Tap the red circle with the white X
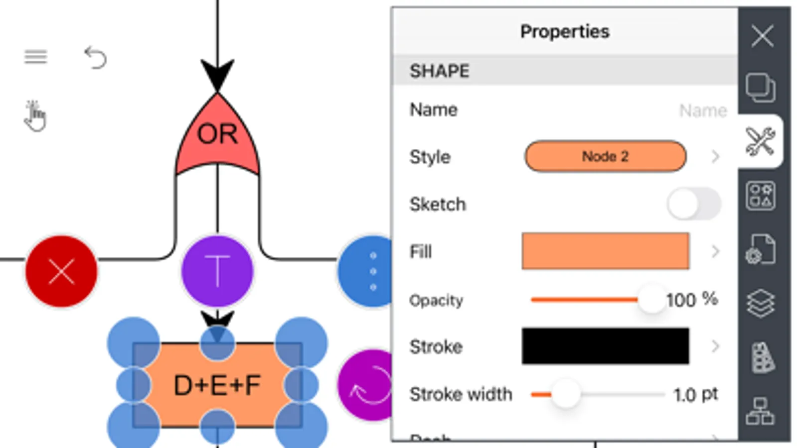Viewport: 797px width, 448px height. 61,271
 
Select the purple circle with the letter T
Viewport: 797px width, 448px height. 217,271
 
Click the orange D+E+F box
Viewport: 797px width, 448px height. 217,385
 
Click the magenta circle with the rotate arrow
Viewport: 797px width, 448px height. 367,385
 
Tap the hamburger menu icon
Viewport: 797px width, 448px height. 36,57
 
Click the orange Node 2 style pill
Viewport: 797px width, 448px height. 605,156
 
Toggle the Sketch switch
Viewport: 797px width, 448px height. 693,204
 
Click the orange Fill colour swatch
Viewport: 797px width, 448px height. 605,251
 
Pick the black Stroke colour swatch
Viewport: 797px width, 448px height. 605,346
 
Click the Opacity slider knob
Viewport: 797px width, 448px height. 651,299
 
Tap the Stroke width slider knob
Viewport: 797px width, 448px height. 566,394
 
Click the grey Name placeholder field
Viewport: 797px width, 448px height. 702,110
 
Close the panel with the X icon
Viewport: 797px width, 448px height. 762,36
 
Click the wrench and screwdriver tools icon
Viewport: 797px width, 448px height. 760,141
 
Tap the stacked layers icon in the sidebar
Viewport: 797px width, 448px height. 760,303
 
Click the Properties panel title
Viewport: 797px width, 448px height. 565,31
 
